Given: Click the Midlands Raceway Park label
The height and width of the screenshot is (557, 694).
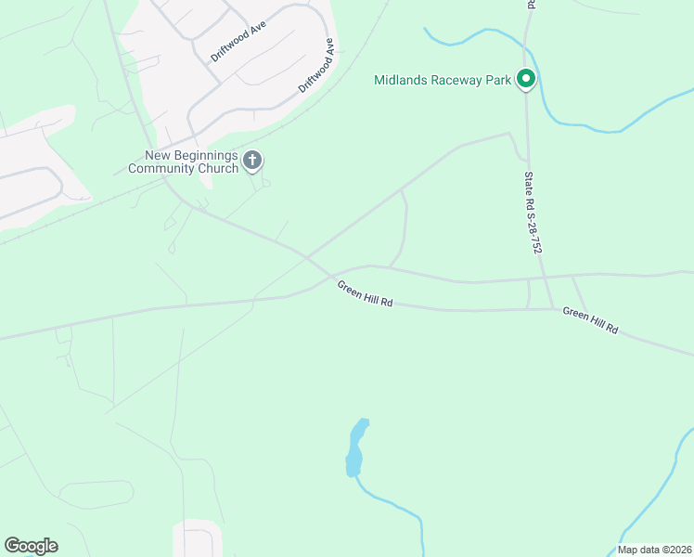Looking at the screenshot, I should point(443,80).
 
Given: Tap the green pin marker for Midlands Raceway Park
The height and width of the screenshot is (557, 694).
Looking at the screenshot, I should point(526,80).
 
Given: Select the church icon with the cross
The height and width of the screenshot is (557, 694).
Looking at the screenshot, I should point(251,162).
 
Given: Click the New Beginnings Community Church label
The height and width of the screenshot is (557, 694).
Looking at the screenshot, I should point(183,162).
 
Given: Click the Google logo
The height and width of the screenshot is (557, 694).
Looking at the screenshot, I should point(31,546).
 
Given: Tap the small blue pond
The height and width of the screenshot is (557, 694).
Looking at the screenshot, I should point(356,448).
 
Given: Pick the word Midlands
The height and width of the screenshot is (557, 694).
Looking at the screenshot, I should point(399,80).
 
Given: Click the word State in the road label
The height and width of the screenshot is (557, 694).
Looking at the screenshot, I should point(528,179).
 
